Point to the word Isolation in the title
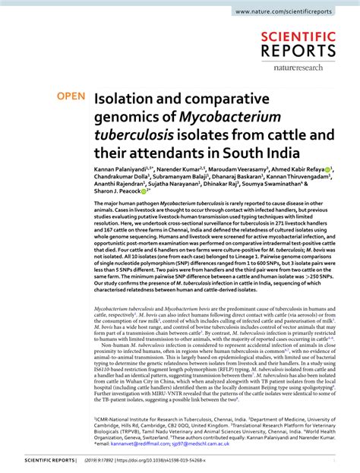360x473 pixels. click(125, 99)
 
